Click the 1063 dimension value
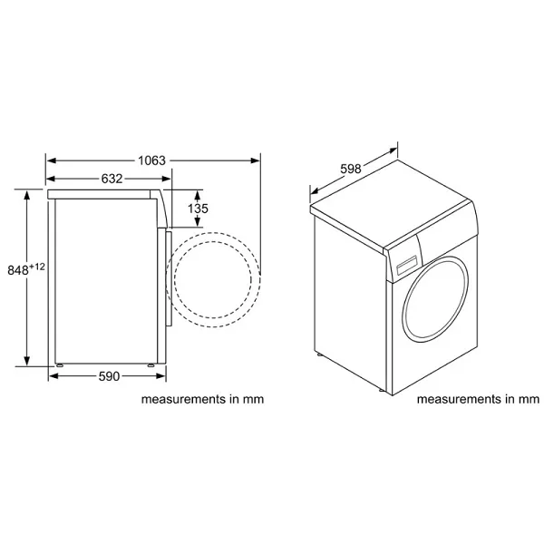152,160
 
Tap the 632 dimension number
112,179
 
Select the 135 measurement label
198,209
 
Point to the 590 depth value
109,376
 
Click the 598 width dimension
351,169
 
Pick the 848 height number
18,270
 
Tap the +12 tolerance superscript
37,267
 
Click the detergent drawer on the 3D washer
406,265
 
